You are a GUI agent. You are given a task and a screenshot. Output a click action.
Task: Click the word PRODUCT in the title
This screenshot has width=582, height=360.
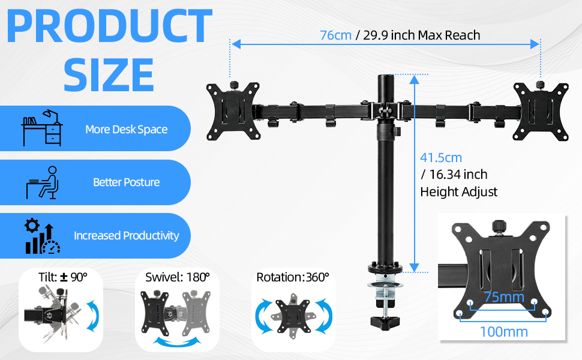tap(109, 26)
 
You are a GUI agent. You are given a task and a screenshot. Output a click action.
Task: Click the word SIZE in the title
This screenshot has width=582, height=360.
tap(109, 74)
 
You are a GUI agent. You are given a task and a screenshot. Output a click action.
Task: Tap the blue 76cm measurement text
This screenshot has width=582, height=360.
tap(335, 35)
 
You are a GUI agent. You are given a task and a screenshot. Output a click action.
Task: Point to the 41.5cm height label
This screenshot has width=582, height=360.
tap(441, 158)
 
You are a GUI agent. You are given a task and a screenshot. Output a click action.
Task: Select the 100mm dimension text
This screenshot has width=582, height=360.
tap(503, 332)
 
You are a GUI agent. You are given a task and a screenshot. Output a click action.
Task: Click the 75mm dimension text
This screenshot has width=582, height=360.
tap(504, 297)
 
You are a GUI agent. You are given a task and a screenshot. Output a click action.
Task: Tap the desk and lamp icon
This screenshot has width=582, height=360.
tap(42, 128)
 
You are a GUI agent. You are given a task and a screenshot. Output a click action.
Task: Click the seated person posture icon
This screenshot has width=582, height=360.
tap(43, 182)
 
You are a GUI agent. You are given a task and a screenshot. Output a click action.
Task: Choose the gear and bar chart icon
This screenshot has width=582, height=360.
tap(43, 236)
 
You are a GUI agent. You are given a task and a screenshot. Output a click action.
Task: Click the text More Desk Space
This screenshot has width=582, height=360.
tap(126, 129)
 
